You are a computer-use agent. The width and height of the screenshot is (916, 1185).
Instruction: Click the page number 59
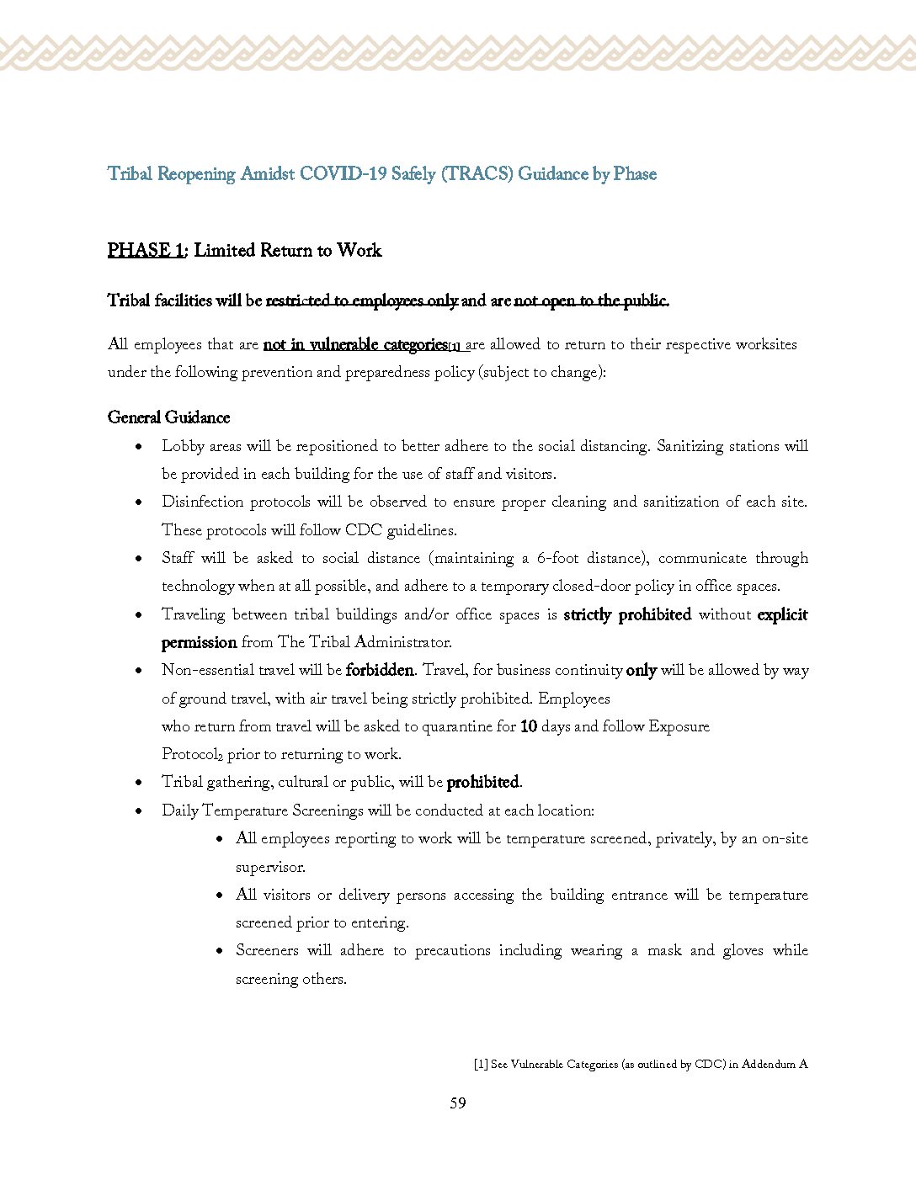tap(458, 1103)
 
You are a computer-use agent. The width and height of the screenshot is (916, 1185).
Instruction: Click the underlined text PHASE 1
tap(146, 250)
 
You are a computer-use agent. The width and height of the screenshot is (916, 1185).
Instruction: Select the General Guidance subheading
tap(168, 417)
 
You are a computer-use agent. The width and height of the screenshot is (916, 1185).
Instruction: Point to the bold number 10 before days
tap(529, 726)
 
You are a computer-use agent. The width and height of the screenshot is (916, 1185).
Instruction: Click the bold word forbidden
tap(380, 671)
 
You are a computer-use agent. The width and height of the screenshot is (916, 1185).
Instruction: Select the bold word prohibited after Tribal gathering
tap(483, 783)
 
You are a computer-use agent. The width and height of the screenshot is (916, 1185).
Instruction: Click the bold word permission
tap(199, 643)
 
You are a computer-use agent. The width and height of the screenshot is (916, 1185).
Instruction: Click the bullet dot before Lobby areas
tap(139, 447)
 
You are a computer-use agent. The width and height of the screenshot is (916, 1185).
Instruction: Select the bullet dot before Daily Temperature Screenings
tap(139, 811)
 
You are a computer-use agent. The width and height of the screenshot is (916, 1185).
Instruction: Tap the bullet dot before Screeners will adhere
tap(220, 951)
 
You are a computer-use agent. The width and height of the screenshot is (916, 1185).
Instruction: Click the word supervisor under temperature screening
tap(270, 867)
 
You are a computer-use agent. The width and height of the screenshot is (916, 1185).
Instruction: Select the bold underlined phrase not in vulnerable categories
tap(355, 344)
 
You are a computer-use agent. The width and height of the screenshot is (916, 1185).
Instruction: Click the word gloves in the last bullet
tap(743, 951)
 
